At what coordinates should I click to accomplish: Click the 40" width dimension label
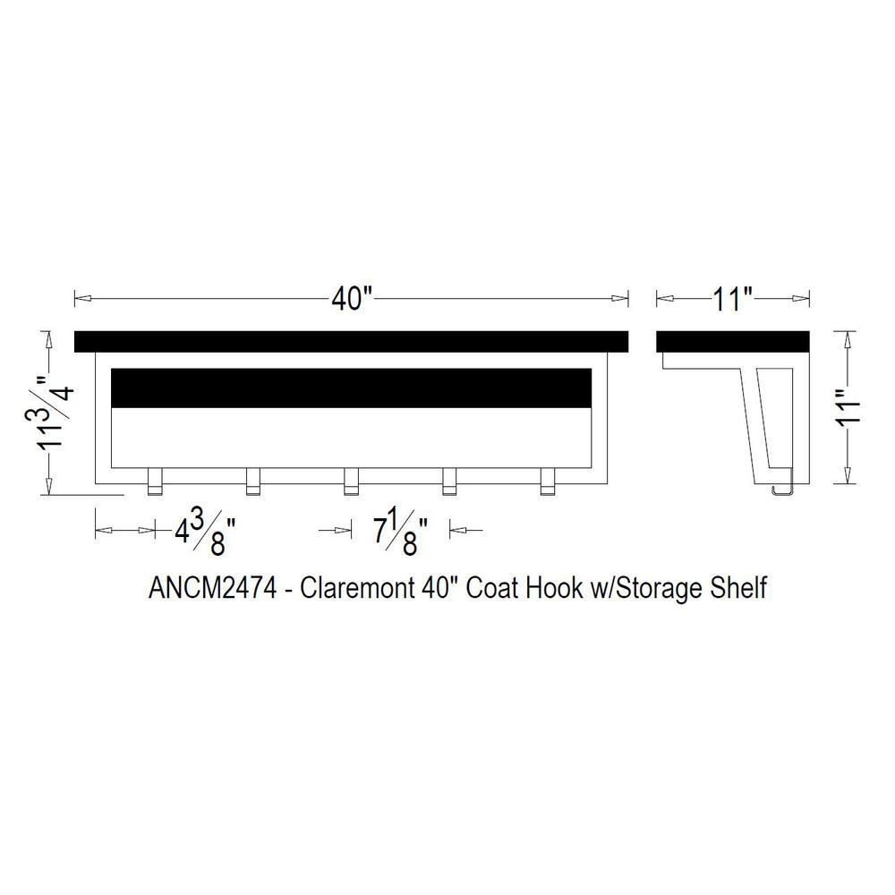(352, 299)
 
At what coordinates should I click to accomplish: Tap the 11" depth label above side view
(733, 299)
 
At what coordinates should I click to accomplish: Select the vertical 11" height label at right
(848, 405)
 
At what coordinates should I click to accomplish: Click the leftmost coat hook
(155, 482)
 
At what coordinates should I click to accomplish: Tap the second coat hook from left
(253, 482)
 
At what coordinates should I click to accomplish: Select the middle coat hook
(351, 482)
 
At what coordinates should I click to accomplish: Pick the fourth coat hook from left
(450, 482)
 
